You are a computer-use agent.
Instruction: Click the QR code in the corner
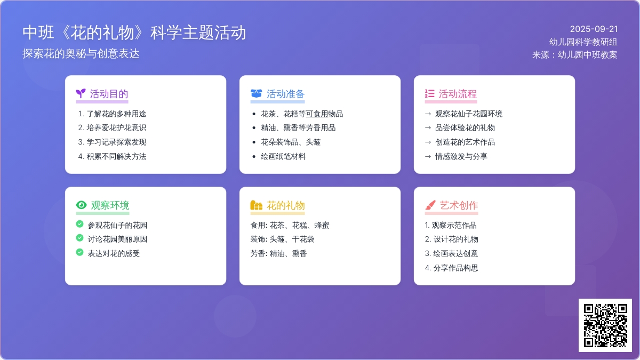coord(605,325)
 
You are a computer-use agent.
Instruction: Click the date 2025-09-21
coord(594,29)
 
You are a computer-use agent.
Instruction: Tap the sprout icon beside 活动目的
coord(81,94)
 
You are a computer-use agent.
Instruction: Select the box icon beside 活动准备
coord(256,94)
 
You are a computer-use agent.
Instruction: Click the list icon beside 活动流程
coord(429,94)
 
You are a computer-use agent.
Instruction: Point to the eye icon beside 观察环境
coord(81,205)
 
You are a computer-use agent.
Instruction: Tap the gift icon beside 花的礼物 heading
coord(256,205)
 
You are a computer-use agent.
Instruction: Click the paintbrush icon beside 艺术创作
coord(430,205)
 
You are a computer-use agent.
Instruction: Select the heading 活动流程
coord(457,94)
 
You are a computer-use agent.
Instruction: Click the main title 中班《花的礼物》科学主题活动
coord(134,33)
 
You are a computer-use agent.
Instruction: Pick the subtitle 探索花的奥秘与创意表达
coord(81,54)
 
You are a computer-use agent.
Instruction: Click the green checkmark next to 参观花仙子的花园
coord(79,225)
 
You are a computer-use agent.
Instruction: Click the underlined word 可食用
coord(317,114)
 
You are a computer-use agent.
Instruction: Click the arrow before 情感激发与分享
coord(428,157)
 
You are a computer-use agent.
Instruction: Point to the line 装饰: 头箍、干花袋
coord(282,239)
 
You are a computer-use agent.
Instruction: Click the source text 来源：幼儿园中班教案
coord(574,54)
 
